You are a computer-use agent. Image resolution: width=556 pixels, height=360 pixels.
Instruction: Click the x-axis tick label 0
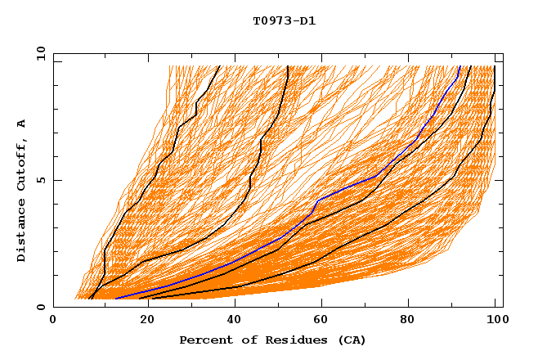click(x=53, y=321)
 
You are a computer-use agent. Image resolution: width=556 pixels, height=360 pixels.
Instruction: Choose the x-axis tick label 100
click(x=495, y=321)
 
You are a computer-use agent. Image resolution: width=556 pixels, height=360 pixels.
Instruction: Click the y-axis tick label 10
click(x=39, y=53)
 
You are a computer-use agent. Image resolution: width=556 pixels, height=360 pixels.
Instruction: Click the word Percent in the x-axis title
click(x=205, y=340)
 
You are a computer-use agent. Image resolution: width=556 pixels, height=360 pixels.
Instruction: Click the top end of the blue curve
click(x=460, y=66)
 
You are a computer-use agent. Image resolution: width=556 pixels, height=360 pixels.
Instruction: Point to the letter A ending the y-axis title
click(x=22, y=124)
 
